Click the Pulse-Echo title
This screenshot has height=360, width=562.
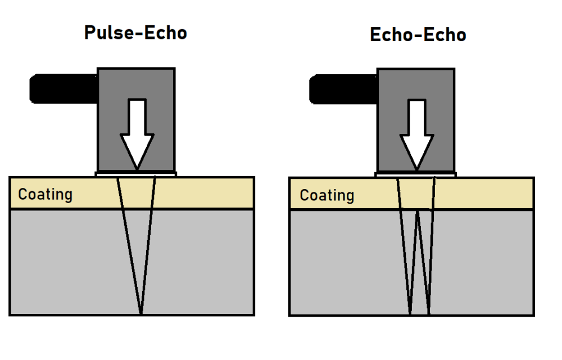point(135,33)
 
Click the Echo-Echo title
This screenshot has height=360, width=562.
point(418,35)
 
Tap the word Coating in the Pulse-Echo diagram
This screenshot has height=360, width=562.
point(46,195)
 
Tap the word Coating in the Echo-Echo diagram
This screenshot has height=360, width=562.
point(327,195)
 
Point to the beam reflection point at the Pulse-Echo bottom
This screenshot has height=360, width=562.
point(140,313)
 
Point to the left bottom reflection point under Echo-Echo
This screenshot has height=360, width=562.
point(410,313)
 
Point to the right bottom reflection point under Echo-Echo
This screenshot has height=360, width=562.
point(429,313)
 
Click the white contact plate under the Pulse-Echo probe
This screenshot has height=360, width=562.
point(136,174)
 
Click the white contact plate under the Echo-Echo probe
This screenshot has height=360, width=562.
point(415,174)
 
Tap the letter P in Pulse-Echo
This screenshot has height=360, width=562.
point(90,33)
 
